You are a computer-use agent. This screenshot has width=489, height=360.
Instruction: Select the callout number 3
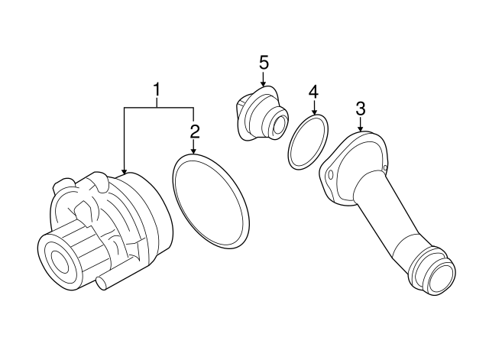pos(361,109)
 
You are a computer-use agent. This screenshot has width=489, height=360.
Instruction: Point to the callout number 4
pos(313,92)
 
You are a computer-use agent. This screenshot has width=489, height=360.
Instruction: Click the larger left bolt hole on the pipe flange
pos(330,176)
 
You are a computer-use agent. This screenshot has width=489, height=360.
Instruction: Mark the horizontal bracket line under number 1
pos(158,109)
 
